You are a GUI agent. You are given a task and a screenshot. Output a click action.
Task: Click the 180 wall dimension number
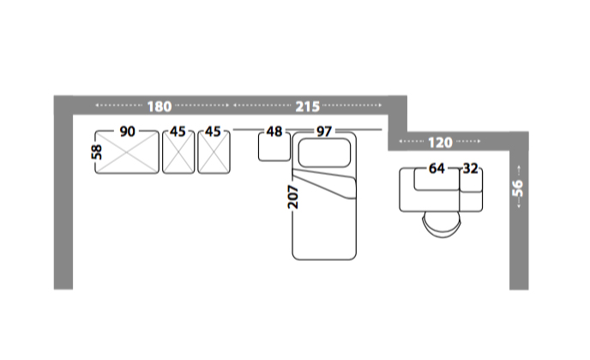pos(160,107)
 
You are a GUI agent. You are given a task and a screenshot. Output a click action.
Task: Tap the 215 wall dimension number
pos(307,107)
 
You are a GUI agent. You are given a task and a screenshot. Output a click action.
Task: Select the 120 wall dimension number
pos(440,142)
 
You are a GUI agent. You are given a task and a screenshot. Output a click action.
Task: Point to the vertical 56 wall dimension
pos(518,188)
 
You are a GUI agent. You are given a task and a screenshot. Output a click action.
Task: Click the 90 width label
pos(127,132)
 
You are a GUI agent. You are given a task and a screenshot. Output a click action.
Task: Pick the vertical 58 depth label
pos(97,153)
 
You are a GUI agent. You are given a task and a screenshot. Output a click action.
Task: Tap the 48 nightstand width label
pos(274,132)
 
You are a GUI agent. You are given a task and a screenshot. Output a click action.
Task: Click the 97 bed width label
pos(324,132)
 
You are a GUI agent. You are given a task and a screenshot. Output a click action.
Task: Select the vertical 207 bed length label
pos(292,197)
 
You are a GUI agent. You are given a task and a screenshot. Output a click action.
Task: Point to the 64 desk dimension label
pos(436,169)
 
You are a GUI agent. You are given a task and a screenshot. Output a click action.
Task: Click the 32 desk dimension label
pos(470,169)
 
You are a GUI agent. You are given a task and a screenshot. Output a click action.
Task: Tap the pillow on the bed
pos(324,153)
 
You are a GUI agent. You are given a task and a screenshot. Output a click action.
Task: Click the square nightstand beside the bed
pos(274,147)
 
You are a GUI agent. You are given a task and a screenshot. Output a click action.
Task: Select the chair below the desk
pos(442,225)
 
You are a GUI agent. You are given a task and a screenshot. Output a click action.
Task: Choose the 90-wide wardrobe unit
pos(127,152)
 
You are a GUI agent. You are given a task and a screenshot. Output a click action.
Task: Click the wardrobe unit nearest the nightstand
pos(214,152)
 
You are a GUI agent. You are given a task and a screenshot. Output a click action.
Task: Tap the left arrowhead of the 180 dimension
pos(97,105)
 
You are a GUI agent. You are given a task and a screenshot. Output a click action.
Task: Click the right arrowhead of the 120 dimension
pos(479,141)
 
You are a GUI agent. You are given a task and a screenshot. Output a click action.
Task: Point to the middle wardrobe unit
pos(178,152)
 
